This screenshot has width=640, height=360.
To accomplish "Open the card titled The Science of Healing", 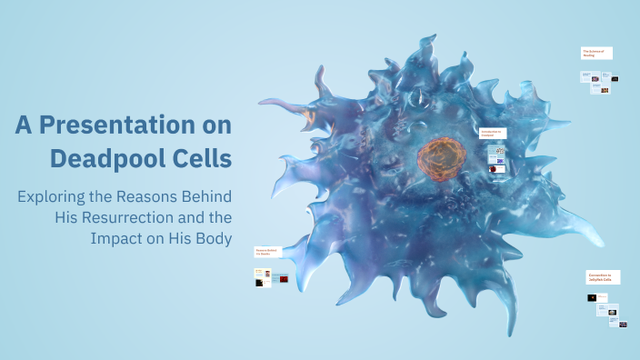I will pos(596,53).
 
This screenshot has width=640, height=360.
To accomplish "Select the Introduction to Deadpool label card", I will pos(491,133).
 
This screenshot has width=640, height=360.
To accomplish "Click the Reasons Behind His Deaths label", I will pos(265,252).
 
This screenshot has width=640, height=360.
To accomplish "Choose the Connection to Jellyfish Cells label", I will pos(603,277).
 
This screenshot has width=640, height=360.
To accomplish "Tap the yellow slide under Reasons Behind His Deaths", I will pos(258,273).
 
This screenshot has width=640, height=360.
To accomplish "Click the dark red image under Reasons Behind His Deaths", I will pos(283,279).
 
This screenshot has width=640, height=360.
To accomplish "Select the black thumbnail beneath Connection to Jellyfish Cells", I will pos(592,297).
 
